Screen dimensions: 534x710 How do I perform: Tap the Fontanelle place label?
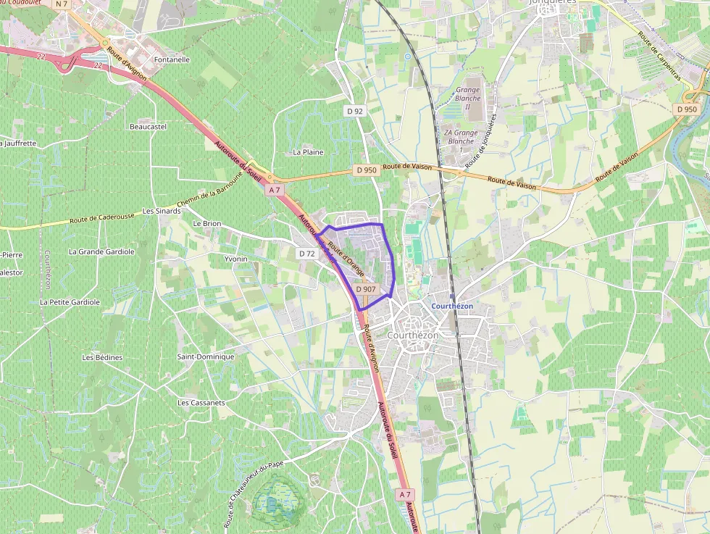point(172,59)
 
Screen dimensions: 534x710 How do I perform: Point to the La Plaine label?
point(308,152)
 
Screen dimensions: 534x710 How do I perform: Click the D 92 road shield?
point(354,111)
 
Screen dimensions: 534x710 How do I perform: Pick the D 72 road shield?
point(307,254)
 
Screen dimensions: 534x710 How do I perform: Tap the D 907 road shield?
point(366,289)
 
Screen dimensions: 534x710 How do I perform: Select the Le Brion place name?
point(206,224)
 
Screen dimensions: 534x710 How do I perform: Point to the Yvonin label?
point(235,259)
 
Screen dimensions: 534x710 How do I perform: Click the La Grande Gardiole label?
point(101,251)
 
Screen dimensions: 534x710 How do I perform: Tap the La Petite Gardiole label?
point(70,301)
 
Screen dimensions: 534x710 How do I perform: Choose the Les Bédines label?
point(102,357)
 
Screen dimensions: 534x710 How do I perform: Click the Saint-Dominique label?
point(206,356)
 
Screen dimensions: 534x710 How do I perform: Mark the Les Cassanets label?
point(201,402)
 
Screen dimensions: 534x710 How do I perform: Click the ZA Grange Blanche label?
point(461,137)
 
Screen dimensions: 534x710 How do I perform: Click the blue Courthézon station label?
point(452,306)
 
